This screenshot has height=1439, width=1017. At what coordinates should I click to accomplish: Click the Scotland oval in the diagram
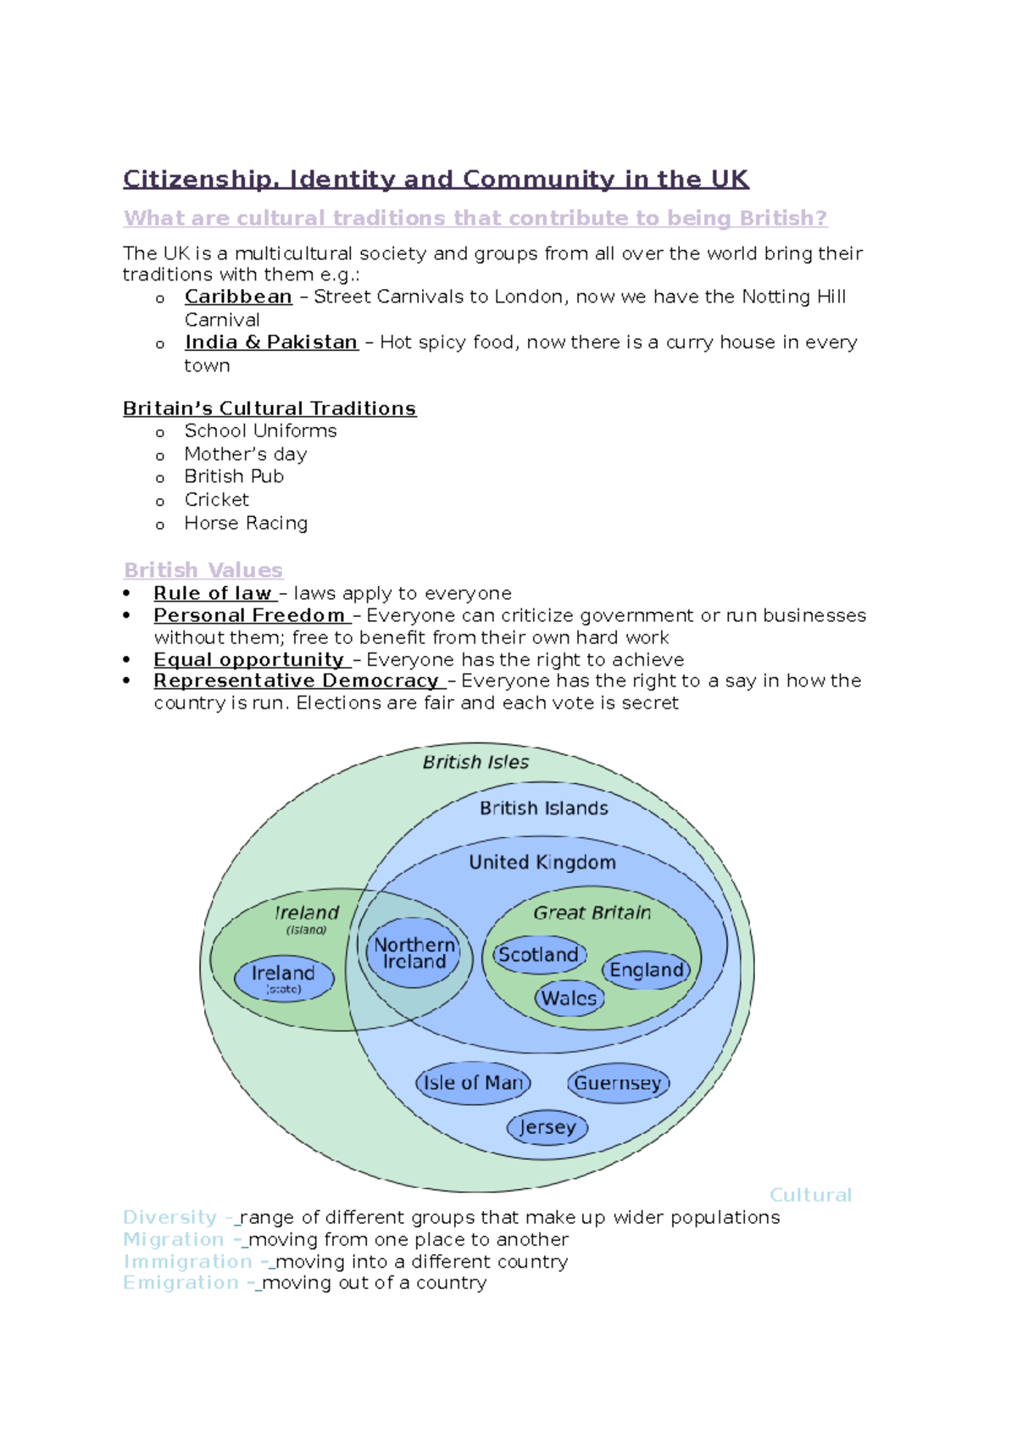pos(539,955)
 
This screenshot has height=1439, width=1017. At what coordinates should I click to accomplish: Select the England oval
pos(646,970)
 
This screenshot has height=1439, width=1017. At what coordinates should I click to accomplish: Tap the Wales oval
pos(570,998)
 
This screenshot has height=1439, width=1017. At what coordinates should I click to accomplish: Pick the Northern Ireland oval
pos(414,953)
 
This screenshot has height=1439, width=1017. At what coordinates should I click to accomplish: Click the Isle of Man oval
pos(473,1083)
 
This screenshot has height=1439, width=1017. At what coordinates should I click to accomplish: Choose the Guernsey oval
pos(618,1083)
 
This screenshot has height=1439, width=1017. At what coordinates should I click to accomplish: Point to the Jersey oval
pos(547,1127)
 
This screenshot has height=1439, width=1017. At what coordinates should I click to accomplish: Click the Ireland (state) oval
pos(283,978)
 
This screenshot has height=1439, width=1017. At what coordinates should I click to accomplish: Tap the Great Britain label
pos(592,913)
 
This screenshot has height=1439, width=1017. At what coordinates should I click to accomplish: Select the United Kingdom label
pos(542,862)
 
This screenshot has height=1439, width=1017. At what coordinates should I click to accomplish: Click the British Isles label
pos(475,762)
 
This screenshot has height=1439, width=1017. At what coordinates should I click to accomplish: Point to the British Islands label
pos(544,808)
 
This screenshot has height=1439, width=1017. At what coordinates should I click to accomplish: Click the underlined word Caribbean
pos(238,297)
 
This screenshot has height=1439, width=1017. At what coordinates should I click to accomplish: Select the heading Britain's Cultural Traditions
pos(270,408)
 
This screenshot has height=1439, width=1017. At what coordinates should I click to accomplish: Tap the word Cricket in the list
pos(217,500)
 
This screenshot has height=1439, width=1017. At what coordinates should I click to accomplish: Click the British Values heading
pos(203,570)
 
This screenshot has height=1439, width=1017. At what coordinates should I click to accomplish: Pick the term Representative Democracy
pos(296,681)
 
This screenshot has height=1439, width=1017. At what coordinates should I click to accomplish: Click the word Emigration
pos(181,1283)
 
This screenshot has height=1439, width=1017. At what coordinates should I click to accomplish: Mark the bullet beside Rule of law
pos(127,593)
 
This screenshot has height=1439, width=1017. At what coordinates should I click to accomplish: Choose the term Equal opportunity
pos(248,659)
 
